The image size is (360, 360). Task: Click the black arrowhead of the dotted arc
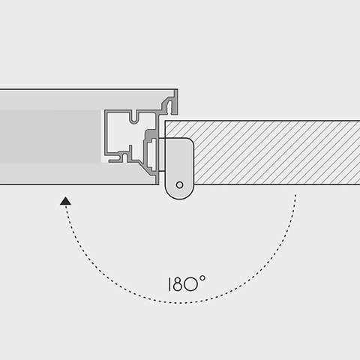coord(65,201)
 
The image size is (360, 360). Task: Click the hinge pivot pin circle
coord(179,185)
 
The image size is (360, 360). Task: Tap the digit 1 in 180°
coord(169,284)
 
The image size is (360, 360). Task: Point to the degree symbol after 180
coord(202,278)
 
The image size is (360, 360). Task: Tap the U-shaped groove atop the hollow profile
coord(134,117)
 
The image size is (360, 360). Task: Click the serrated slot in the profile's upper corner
coord(169,107)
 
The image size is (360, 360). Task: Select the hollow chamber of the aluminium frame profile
coord(125,133)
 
